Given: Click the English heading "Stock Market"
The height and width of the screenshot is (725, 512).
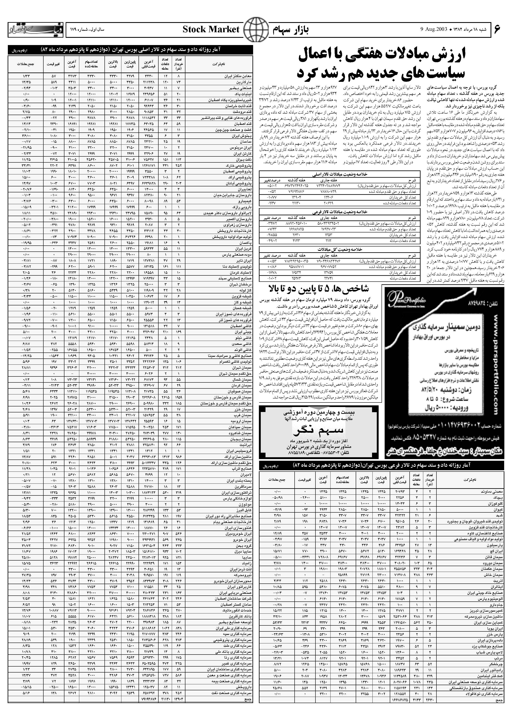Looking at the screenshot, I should click(x=211, y=30).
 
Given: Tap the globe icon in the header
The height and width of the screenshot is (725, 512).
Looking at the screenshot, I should click(x=254, y=30).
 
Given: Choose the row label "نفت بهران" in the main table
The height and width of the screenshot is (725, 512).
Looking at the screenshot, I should click(x=244, y=160).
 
